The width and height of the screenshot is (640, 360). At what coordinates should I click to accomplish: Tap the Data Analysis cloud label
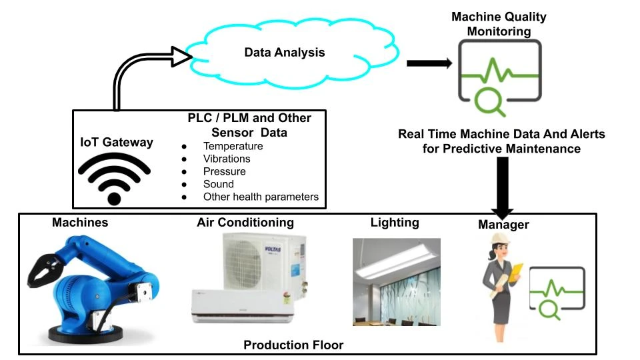click(x=285, y=53)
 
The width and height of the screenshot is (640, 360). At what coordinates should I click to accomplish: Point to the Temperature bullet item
click(x=233, y=146)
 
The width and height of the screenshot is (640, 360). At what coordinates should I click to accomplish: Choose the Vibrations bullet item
click(x=227, y=159)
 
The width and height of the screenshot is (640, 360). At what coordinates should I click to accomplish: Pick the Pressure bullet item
click(x=224, y=171)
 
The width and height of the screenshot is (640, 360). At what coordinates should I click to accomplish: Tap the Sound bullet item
click(x=218, y=184)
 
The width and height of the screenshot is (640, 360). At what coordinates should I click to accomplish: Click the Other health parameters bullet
click(x=261, y=197)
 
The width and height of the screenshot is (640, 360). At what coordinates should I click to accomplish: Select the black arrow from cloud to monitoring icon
click(x=430, y=63)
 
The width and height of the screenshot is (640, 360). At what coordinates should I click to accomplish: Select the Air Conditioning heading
click(x=245, y=222)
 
